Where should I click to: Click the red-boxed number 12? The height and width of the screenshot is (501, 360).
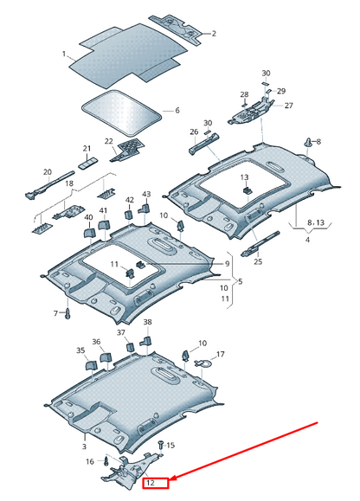151,483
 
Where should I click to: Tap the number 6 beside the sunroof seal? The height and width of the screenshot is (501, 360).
177,110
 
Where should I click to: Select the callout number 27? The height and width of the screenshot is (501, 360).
288,105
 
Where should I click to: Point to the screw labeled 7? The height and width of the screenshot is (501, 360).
67,313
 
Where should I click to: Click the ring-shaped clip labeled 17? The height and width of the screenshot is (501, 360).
202,363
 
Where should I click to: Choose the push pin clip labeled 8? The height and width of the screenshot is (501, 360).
309,142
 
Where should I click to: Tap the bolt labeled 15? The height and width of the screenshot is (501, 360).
161,445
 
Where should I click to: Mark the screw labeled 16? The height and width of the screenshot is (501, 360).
106,461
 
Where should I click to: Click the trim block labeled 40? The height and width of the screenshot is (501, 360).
89,231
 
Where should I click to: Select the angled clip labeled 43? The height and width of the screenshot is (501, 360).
145,209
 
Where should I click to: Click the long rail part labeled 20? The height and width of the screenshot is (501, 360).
48,187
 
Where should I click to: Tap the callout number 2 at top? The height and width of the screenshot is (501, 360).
214,33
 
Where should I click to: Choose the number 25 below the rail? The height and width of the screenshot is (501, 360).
258,261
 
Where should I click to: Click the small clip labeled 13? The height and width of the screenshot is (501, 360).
247,190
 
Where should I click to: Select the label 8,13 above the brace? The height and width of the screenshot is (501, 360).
316,222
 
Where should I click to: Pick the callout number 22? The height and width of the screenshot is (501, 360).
109,141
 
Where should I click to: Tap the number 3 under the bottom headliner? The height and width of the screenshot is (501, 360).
84,446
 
